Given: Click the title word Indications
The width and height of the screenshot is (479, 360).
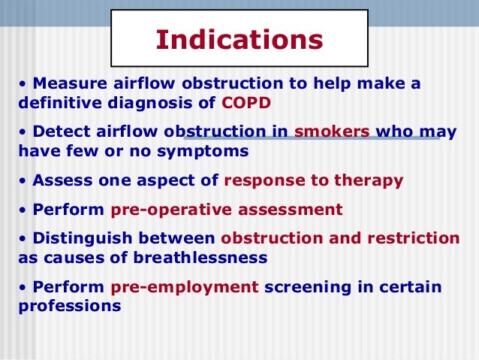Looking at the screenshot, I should [239, 40].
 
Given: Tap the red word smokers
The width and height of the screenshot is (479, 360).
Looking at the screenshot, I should [332, 132].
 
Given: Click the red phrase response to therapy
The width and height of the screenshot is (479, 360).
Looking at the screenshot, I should [313, 180].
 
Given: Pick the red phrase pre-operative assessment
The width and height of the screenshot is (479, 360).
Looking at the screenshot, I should [226, 209].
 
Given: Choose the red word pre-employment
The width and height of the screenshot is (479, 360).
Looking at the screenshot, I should [184, 287].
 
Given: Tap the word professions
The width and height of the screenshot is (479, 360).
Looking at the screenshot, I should [69, 307].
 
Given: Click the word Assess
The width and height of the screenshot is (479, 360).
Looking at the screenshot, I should [59, 180].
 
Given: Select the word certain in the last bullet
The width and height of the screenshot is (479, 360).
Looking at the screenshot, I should [408, 287].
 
